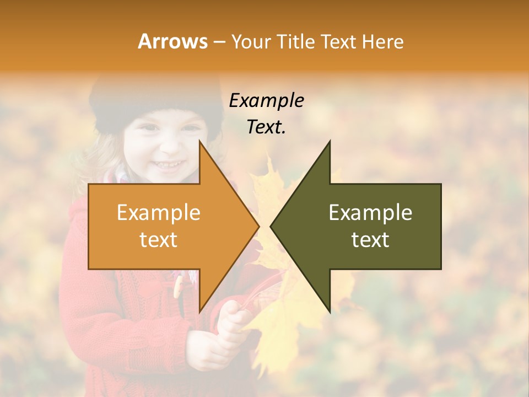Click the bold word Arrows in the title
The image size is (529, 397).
tap(172, 41)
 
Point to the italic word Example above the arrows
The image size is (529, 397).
tap(266, 100)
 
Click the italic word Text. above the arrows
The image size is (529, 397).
tap(266, 127)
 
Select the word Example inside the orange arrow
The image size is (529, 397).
tap(158, 212)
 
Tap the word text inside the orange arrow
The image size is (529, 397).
tap(158, 239)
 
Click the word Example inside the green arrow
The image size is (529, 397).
tap(370, 212)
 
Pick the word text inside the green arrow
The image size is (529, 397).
tap(370, 239)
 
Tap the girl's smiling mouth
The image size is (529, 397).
tap(169, 164)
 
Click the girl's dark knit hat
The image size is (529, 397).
tap(154, 99)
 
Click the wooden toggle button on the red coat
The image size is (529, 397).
tap(178, 287)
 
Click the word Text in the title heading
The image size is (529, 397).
tap(338, 41)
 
